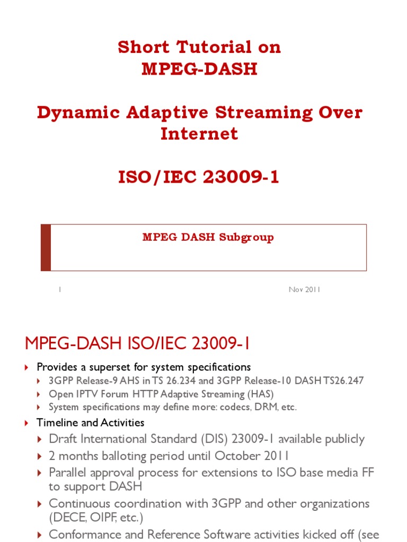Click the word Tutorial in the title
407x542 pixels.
click(x=208, y=47)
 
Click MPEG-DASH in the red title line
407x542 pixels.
click(x=199, y=69)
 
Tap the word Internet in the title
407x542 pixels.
click(x=199, y=133)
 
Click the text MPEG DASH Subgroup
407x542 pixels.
click(x=208, y=237)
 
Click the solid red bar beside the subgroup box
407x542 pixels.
click(x=46, y=247)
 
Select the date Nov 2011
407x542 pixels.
click(x=304, y=290)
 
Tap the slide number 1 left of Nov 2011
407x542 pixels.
click(x=60, y=290)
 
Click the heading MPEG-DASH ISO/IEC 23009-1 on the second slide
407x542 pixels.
click(x=137, y=344)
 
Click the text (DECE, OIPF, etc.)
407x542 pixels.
click(x=96, y=516)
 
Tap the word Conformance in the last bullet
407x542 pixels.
click(x=84, y=534)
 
